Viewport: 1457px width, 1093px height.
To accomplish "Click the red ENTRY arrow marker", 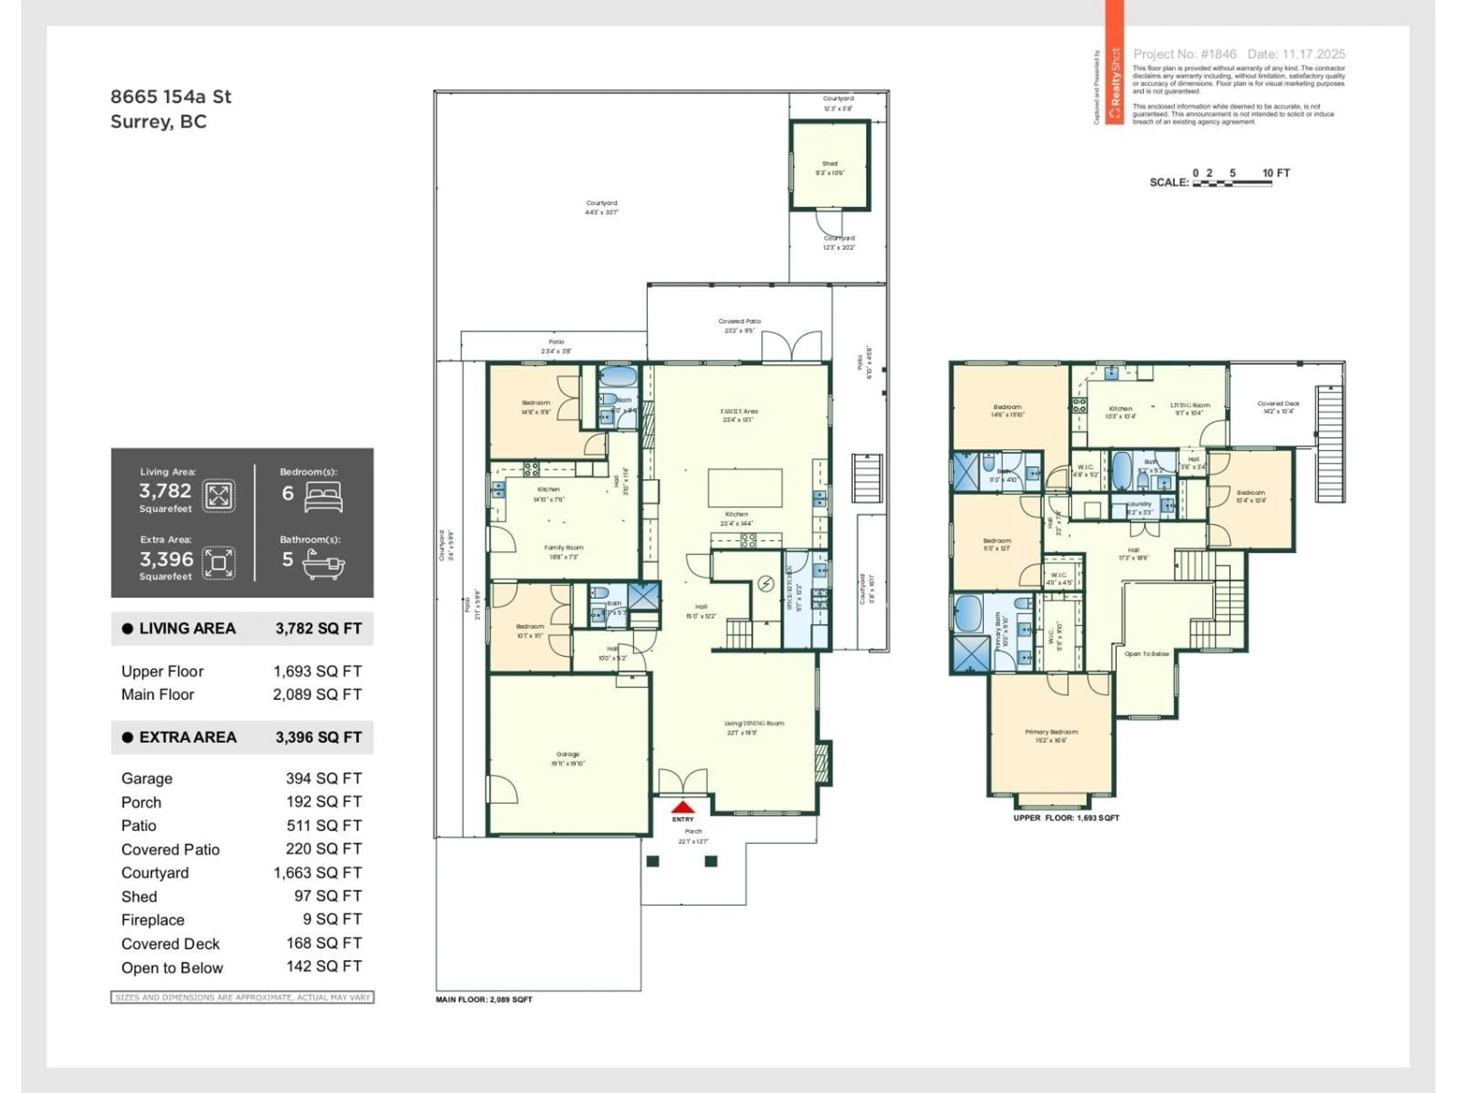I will pyautogui.click(x=683, y=807).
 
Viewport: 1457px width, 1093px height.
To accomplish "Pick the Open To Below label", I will pyautogui.click(x=1147, y=654).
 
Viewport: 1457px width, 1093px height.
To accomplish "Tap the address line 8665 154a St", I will pyautogui.click(x=171, y=97).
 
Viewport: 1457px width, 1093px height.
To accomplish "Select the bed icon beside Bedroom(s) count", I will pyautogui.click(x=323, y=498).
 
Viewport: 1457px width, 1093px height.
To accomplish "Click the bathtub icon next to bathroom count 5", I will pyautogui.click(x=323, y=564).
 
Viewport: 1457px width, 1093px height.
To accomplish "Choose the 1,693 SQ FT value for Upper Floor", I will pyautogui.click(x=318, y=671).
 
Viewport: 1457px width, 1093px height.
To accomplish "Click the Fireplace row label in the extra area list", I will pyautogui.click(x=153, y=920).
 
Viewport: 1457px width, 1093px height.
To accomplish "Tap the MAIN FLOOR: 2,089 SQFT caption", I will pyautogui.click(x=483, y=999).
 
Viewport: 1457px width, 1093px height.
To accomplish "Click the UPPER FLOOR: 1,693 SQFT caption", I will pyautogui.click(x=1066, y=817).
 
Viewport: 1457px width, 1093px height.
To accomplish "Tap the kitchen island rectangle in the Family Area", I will pyautogui.click(x=744, y=488).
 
